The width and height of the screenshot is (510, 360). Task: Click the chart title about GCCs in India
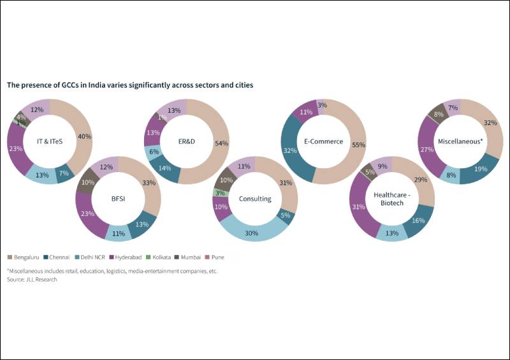129,85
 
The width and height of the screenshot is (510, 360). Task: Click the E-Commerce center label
323,141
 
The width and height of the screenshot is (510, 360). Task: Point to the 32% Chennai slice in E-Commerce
290,150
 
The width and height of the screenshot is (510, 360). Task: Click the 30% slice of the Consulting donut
252,233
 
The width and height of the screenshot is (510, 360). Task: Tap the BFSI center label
118,199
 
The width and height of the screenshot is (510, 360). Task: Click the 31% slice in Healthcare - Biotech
358,208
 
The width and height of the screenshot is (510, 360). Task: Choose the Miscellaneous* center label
460,141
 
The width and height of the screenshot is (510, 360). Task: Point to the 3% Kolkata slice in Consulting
218,193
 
